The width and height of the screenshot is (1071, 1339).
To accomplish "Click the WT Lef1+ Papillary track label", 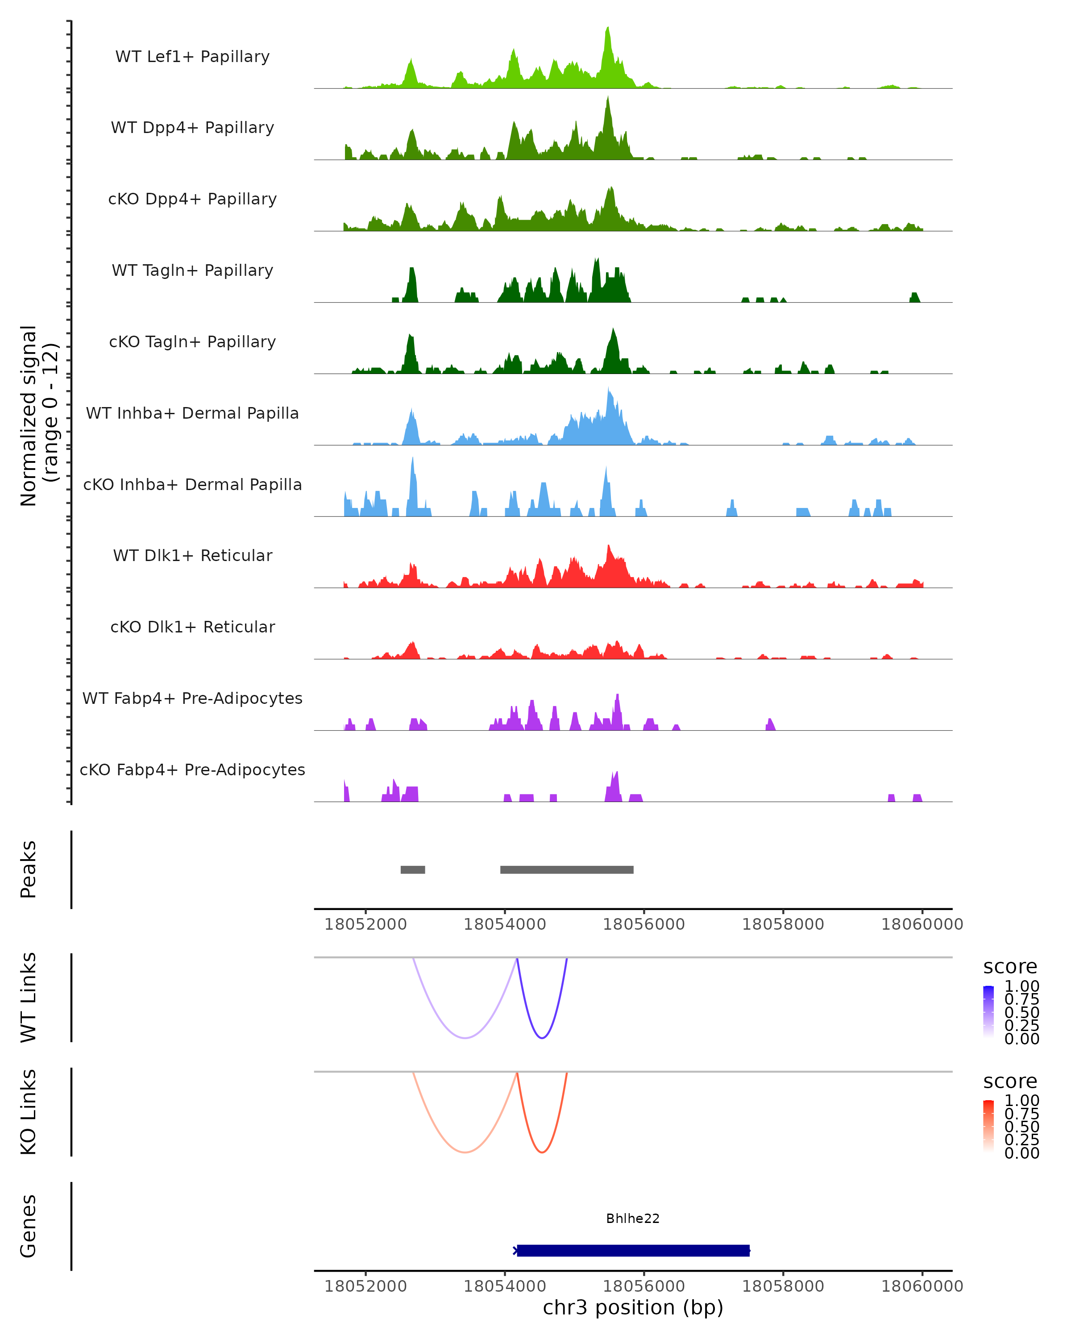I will point(192,57).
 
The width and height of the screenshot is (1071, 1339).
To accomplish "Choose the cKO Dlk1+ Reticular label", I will point(192,627).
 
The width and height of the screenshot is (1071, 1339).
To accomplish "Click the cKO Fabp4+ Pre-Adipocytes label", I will point(192,769).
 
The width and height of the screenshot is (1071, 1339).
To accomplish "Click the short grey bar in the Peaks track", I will point(413,869).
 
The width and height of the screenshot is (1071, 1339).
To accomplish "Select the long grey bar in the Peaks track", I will point(567,869).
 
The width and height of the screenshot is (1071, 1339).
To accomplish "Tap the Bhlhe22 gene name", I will point(633,1218).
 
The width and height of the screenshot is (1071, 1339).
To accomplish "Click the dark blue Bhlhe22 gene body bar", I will point(633,1250).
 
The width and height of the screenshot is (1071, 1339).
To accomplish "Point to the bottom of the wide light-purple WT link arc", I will point(465,1038).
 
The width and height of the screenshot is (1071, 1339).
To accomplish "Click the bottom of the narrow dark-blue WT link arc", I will point(542,1038).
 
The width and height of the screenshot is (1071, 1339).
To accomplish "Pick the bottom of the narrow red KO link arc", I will point(542,1152).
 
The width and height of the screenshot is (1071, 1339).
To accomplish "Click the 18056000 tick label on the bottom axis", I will point(644,1285).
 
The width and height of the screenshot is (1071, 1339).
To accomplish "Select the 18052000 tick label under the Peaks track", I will point(365,924).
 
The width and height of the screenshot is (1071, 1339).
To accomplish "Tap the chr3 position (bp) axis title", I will point(633,1307).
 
